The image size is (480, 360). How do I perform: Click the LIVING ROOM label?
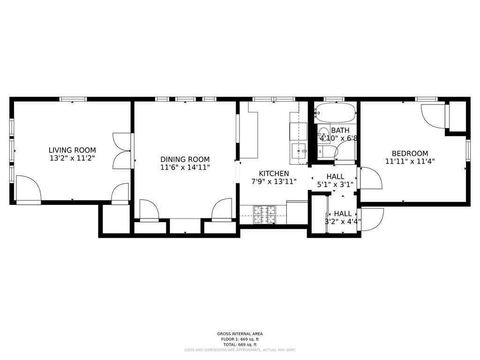click(72, 150)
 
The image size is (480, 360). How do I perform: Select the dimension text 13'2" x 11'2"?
click(72, 158)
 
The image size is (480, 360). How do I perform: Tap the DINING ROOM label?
click(185, 159)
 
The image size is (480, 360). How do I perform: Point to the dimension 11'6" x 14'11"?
click(185, 167)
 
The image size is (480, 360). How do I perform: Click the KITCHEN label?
click(274, 173)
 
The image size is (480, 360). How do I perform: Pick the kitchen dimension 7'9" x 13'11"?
click(274, 181)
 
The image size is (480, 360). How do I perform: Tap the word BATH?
click(340, 130)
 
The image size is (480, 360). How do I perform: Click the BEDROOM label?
click(410, 153)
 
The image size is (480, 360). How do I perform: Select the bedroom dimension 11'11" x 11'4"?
click(410, 161)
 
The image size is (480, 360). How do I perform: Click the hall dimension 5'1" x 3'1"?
click(335, 185)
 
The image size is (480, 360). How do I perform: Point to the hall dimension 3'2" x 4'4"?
click(343, 222)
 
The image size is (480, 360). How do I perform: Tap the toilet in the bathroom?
click(327, 151)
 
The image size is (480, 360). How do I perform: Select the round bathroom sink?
click(323, 132)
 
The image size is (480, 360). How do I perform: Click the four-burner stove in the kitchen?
click(264, 215)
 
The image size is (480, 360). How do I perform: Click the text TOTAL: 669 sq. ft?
click(240, 344)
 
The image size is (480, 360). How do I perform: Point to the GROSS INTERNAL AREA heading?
click(240, 334)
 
